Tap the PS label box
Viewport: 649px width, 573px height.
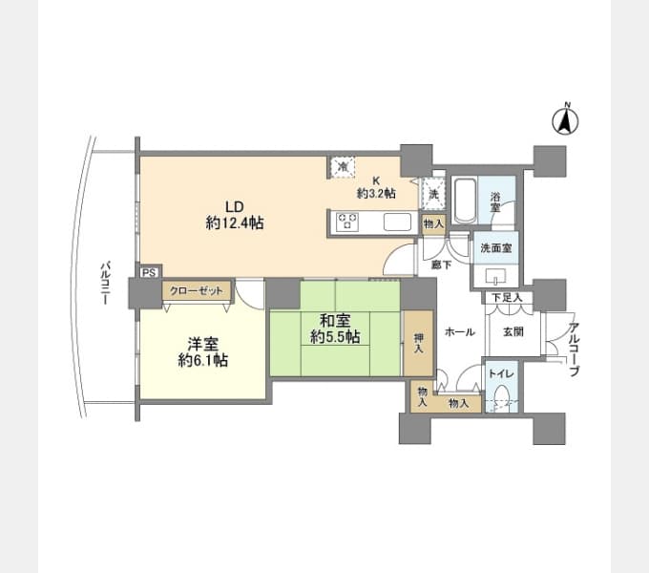tap(149, 273)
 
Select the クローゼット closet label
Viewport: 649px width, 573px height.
tap(197, 290)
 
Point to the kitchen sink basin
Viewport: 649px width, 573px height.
tap(397, 222)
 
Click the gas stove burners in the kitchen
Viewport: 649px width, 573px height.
tap(347, 222)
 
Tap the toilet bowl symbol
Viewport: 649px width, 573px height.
tap(502, 397)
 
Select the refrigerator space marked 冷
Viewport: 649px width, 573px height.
tap(343, 167)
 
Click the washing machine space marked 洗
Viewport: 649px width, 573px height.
tap(432, 194)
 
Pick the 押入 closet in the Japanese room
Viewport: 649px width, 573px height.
tap(418, 343)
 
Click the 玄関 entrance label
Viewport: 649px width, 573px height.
tap(513, 331)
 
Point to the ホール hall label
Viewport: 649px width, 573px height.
tap(459, 331)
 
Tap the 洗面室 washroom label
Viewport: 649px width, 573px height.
tap(496, 248)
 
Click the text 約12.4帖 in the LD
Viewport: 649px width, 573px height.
tap(235, 223)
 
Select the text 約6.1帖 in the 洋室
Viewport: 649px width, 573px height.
tap(202, 361)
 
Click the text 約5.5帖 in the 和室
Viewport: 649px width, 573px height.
tap(335, 337)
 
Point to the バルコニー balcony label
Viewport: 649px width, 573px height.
tap(106, 283)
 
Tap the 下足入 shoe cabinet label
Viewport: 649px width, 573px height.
tap(507, 298)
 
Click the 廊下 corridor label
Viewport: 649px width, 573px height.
tap(441, 265)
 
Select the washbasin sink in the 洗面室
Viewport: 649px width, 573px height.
tap(496, 276)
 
